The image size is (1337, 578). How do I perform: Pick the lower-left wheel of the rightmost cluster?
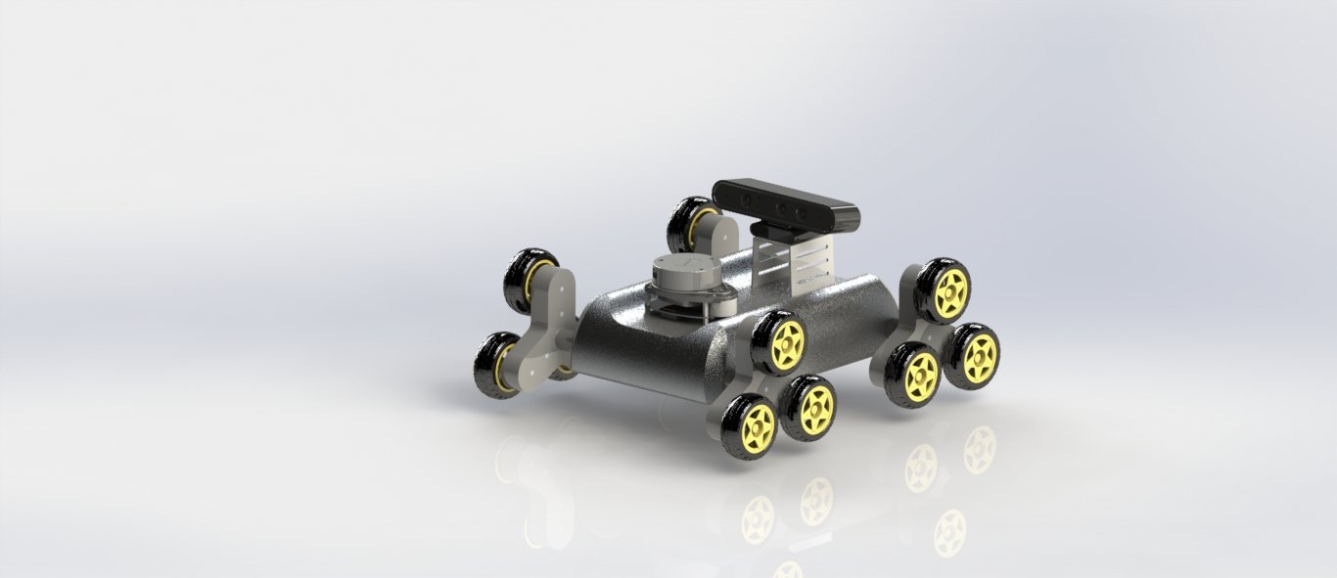tap(914, 375)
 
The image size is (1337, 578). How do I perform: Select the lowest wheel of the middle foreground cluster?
tap(751, 426)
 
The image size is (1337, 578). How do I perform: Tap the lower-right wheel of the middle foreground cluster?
tap(809, 407)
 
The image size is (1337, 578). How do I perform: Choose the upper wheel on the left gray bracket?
tap(528, 280)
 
